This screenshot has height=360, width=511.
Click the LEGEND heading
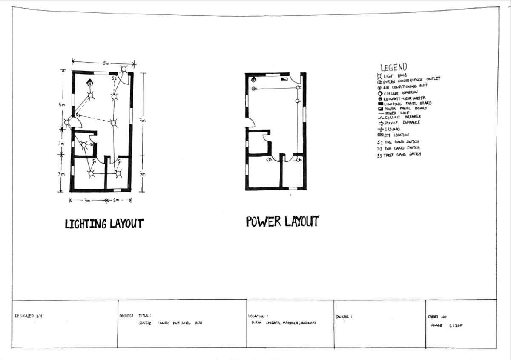[x=393, y=67]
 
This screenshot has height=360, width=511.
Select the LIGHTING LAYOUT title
[x=104, y=224]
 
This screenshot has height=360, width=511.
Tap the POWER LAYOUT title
[x=282, y=222]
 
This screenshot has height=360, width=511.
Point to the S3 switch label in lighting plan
[x=78, y=115]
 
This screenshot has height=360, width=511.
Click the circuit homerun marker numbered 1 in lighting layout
[x=90, y=83]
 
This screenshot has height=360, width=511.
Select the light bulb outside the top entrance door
[x=124, y=69]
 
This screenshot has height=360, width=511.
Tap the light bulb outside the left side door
[x=67, y=123]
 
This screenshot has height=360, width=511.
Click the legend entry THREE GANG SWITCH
[x=399, y=155]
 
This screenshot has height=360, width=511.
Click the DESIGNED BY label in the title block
[x=29, y=316]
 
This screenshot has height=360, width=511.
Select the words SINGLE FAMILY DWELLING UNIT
[x=170, y=323]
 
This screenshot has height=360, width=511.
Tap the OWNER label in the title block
[x=344, y=317]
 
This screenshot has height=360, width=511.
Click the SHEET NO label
[x=437, y=317]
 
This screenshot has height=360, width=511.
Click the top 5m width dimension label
[x=105, y=63]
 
